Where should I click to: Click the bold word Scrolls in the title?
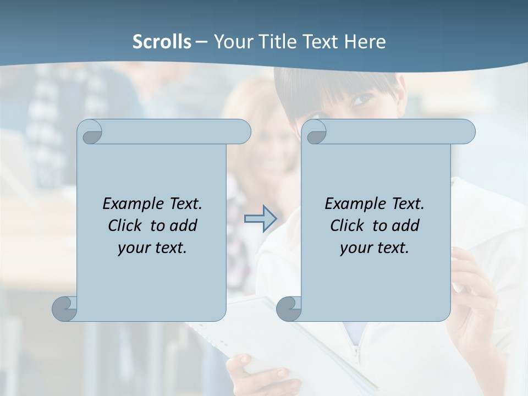[x=162, y=41]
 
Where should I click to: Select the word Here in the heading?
[x=365, y=41]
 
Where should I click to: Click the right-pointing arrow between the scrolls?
[x=261, y=219]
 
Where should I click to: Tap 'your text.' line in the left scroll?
[x=152, y=248]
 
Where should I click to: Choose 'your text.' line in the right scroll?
[x=375, y=248]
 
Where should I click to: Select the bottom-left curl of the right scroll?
[x=289, y=308]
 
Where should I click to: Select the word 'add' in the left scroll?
[x=184, y=226]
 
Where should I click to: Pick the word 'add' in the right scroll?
[x=406, y=226]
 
